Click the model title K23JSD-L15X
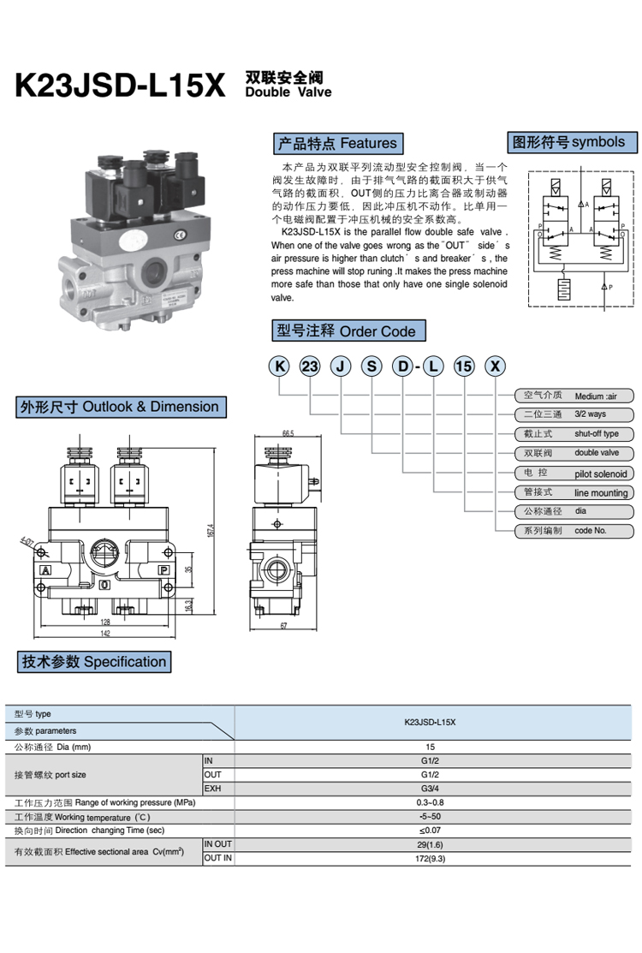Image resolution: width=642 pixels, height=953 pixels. [120, 86]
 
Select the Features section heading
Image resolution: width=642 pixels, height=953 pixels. [336, 143]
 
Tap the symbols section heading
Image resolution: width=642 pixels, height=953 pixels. [568, 142]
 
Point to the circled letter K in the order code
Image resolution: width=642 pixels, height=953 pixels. [279, 366]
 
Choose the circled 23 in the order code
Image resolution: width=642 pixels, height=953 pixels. [309, 366]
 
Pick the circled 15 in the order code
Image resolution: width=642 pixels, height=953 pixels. [463, 366]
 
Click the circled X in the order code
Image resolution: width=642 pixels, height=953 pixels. [495, 366]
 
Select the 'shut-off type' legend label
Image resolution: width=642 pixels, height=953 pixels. [596, 434]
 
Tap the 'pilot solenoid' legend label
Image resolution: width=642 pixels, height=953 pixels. [600, 474]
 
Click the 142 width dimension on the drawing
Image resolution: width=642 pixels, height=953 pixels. [106, 634]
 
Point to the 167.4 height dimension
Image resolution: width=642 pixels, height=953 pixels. [210, 530]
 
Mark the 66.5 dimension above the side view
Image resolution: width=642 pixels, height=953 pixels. [287, 434]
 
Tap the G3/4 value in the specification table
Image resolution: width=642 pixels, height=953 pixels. [430, 788]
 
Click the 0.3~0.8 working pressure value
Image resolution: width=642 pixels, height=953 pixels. [430, 802]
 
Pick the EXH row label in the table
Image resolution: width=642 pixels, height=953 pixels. [213, 788]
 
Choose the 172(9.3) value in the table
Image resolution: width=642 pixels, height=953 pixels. [430, 858]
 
